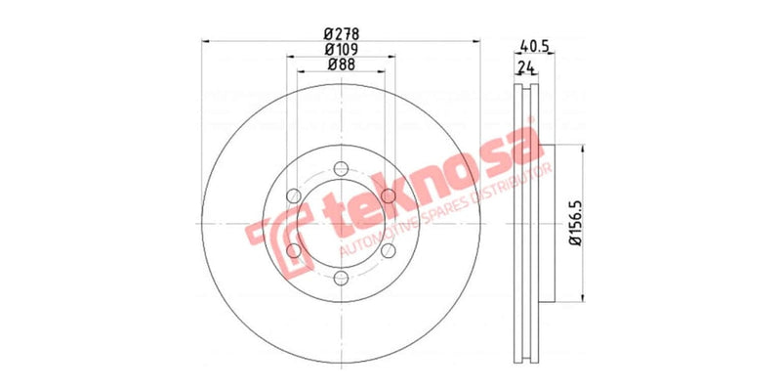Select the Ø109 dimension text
pos(340,49)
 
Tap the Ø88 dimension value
pos(340,65)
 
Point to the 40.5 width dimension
pos(532,45)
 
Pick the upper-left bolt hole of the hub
pos(293,196)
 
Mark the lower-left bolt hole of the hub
pos(293,251)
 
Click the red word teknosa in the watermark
pos(420,195)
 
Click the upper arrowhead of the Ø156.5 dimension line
pos(584,150)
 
